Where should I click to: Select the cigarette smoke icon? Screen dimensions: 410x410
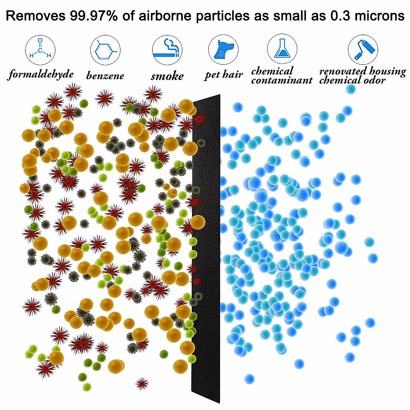pyautogui.click(x=167, y=50)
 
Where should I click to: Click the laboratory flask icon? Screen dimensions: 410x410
pyautogui.click(x=282, y=49)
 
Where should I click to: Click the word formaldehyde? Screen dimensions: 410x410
pyautogui.click(x=41, y=74)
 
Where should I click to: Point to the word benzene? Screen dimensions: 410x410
pyautogui.click(x=105, y=76)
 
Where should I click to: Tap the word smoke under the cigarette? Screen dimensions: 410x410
pyautogui.click(x=167, y=76)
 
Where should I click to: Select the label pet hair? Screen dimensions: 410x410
pyautogui.click(x=224, y=74)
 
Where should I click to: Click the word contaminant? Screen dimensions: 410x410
pyautogui.click(x=282, y=80)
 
